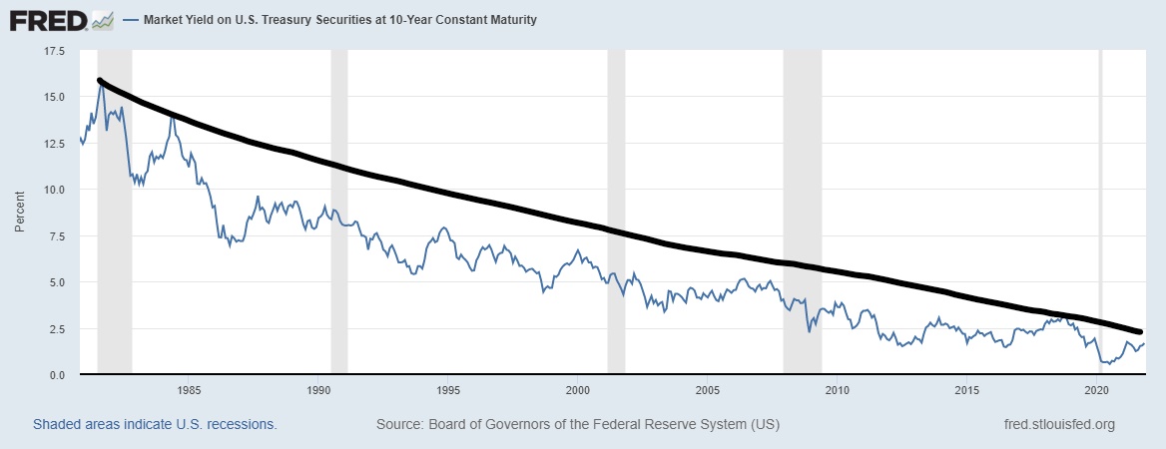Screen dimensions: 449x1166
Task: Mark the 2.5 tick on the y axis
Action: (x=56, y=328)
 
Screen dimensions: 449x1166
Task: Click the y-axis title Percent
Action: (x=20, y=213)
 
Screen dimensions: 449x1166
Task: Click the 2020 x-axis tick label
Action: (x=1097, y=389)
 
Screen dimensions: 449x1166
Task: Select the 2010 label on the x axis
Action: (x=838, y=389)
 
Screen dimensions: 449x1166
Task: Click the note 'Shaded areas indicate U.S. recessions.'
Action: (x=155, y=424)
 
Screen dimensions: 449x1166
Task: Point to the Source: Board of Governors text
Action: (x=577, y=424)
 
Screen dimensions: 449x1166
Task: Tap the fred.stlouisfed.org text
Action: (x=1058, y=424)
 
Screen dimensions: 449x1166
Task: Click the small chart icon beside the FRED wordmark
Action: (x=102, y=19)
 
